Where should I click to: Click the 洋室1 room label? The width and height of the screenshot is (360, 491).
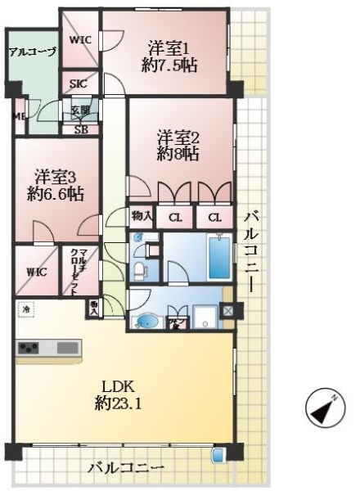(x=171, y=56)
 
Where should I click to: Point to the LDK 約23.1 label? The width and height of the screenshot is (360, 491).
(x=119, y=395)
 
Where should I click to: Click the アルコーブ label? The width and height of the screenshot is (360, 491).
(x=32, y=52)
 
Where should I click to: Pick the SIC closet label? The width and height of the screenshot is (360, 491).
(x=79, y=83)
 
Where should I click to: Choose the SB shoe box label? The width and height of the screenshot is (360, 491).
(x=81, y=128)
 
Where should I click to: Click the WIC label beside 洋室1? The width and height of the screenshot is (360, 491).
(x=80, y=39)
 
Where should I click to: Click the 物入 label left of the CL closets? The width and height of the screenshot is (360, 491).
(x=141, y=216)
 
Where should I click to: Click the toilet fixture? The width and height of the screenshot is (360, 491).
(x=141, y=268)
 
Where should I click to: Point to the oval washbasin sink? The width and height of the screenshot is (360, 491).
(x=148, y=320)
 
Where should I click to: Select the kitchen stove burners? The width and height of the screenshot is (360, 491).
(x=29, y=348)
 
